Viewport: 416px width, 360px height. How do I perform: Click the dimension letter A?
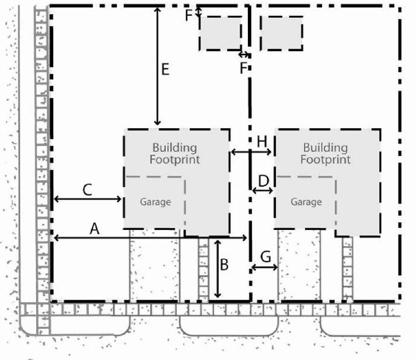pos(95,229)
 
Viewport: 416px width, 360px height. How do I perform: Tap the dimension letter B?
pos(224,265)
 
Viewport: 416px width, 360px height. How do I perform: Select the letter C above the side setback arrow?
pos(87,190)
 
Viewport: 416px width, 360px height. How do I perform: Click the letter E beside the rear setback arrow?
pos(165,69)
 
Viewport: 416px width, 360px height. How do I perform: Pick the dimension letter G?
pos(266,256)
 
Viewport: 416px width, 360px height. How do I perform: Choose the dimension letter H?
pos(262,141)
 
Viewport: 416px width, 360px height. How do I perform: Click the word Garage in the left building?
pos(156,202)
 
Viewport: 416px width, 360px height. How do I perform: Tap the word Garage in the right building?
pos(306,202)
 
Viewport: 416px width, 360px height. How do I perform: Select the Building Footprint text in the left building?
pos(174,154)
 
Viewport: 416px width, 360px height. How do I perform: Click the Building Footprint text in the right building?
pos(325,154)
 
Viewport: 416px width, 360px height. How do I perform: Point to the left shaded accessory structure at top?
pos(220,33)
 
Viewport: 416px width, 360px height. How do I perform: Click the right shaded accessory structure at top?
pos(282,33)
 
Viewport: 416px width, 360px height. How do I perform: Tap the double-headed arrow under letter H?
pos(251,152)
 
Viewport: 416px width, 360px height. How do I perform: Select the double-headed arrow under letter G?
pos(264,267)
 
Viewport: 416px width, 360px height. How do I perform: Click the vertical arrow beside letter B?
pos(218,269)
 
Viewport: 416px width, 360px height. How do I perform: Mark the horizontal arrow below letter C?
pos(87,199)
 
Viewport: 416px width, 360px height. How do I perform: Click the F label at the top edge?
pos(189,15)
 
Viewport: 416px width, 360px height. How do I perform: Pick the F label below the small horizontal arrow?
pos(243,68)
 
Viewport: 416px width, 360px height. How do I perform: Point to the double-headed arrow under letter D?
pos(262,191)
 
